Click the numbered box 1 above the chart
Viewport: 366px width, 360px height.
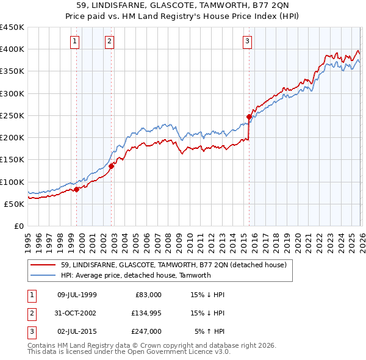click(74, 41)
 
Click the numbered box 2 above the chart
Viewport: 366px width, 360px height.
click(109, 41)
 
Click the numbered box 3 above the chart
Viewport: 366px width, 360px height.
click(247, 41)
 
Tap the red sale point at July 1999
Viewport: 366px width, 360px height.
click(77, 189)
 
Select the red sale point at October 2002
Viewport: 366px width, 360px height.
click(112, 166)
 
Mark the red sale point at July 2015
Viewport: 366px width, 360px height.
click(249, 117)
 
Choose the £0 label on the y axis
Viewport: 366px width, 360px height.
click(18, 226)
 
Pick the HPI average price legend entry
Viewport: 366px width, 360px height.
click(135, 275)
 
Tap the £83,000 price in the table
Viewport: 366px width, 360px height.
click(147, 295)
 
